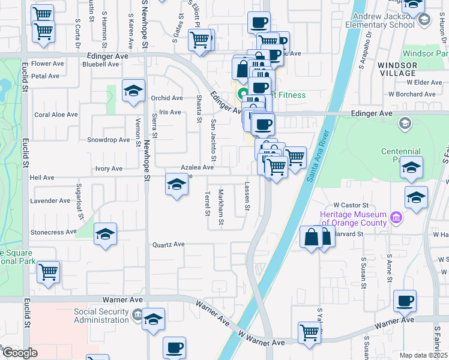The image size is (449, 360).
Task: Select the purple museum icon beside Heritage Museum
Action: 396,216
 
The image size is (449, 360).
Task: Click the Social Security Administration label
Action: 101,316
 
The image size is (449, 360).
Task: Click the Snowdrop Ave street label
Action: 109,140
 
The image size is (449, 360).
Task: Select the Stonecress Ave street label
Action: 54,232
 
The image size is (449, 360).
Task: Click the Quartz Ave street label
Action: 168,244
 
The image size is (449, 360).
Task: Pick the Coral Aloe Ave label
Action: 56,115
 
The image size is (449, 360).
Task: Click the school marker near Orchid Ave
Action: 133,91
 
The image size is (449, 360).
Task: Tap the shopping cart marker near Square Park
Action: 48,272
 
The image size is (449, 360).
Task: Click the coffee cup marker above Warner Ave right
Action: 405,301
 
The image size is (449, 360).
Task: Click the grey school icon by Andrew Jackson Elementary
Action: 424,20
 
